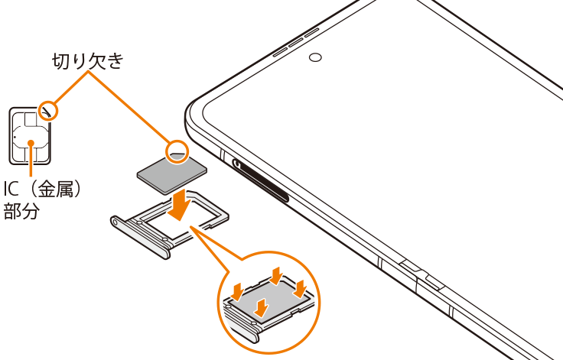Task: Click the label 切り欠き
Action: click(88, 60)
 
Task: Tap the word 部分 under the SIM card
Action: click(21, 211)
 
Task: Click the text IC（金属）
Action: click(42, 189)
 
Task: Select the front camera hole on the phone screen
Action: click(315, 57)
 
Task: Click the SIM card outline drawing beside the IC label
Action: click(30, 136)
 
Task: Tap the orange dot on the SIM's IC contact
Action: click(31, 143)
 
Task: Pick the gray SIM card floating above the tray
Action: click(172, 173)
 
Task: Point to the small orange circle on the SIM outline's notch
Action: click(48, 111)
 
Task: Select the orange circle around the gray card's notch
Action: click(177, 152)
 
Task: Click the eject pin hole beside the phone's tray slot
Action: click(238, 164)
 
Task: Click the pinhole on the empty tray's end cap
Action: click(115, 222)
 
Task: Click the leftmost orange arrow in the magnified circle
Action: click(237, 291)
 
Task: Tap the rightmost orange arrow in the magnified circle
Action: click(299, 289)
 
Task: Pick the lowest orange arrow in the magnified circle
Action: click(262, 307)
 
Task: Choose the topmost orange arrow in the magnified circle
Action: click(276, 276)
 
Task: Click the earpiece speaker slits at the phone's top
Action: click(296, 42)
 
